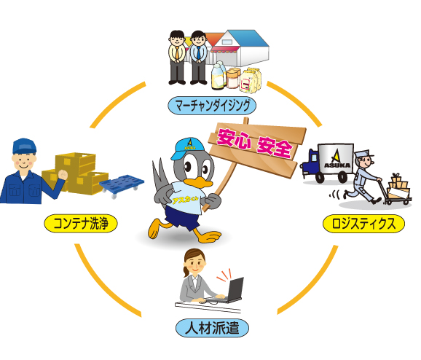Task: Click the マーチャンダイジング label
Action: click(212, 106)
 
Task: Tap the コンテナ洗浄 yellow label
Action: click(81, 223)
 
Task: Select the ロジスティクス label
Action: click(363, 224)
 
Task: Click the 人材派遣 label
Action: click(212, 328)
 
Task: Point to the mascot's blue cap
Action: click(187, 147)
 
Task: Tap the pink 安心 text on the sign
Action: click(234, 138)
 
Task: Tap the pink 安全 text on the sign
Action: click(275, 148)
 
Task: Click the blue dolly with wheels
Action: click(122, 185)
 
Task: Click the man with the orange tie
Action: click(177, 58)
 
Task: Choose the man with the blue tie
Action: click(199, 58)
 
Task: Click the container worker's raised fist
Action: click(63, 175)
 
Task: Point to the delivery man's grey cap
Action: click(363, 155)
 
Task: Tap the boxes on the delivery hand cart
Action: click(399, 186)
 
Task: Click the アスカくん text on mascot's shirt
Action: click(185, 200)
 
